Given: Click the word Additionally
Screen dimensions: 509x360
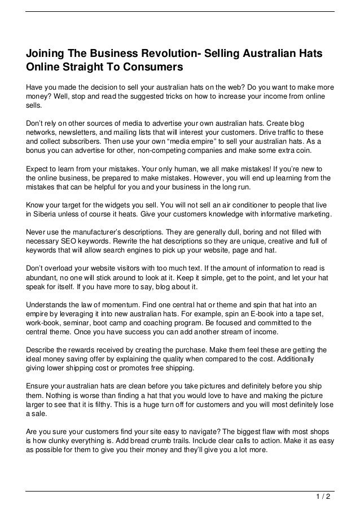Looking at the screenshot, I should point(287,359).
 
